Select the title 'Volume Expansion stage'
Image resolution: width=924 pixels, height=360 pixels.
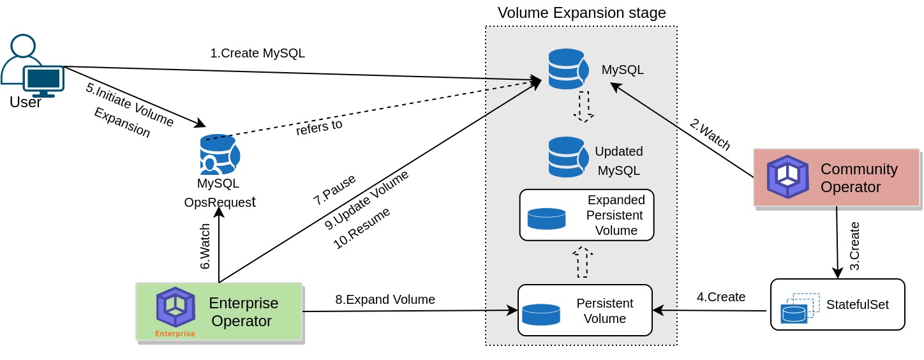581,13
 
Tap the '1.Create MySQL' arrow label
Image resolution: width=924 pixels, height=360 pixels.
257,53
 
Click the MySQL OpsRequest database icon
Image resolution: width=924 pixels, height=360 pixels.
220,154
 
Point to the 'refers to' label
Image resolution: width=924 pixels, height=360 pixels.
319,127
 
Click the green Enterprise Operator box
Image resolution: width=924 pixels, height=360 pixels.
219,311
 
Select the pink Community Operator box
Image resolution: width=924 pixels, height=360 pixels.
836,177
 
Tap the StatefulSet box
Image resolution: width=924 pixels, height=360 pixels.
837,304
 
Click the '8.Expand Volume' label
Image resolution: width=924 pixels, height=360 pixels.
385,299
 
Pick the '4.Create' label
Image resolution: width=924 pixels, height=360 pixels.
720,297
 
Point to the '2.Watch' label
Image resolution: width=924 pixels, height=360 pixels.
710,134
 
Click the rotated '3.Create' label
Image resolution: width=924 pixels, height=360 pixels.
855,246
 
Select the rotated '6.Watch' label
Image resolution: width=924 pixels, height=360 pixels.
205,246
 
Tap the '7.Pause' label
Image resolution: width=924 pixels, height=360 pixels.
334,189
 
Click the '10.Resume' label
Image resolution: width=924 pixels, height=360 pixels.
362,228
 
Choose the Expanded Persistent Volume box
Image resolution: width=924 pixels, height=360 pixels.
586,215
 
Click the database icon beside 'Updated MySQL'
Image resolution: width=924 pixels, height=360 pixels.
567,157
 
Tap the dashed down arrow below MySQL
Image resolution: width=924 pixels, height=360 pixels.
583,107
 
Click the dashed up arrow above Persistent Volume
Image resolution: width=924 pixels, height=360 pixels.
583,262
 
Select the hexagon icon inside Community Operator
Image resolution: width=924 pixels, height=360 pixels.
787,177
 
